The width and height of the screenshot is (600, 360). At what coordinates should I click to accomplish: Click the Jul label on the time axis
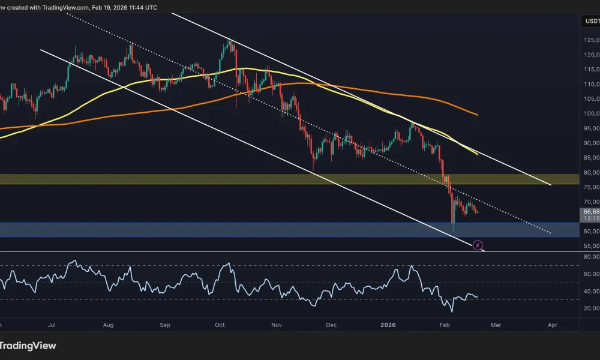52,325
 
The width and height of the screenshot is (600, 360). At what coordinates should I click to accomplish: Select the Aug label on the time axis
108,325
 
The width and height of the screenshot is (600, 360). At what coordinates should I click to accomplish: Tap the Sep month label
165,325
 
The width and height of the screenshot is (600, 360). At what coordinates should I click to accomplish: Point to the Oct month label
220,325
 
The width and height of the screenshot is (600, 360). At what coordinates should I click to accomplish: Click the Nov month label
276,325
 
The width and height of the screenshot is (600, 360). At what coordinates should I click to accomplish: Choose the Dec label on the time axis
331,325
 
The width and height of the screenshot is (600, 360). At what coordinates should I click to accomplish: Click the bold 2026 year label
388,325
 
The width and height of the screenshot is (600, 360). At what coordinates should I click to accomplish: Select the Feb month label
445,325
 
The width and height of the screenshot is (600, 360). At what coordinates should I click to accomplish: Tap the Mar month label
496,325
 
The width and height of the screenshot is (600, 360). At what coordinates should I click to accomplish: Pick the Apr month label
553,325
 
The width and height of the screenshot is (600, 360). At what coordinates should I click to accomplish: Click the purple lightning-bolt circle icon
478,245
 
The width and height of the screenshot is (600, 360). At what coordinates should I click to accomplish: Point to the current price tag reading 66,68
590,212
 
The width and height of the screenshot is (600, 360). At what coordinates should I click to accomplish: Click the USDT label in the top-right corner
590,22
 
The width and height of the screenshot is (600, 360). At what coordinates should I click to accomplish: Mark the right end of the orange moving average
478,115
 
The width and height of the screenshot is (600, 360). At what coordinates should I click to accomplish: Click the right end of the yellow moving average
478,154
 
